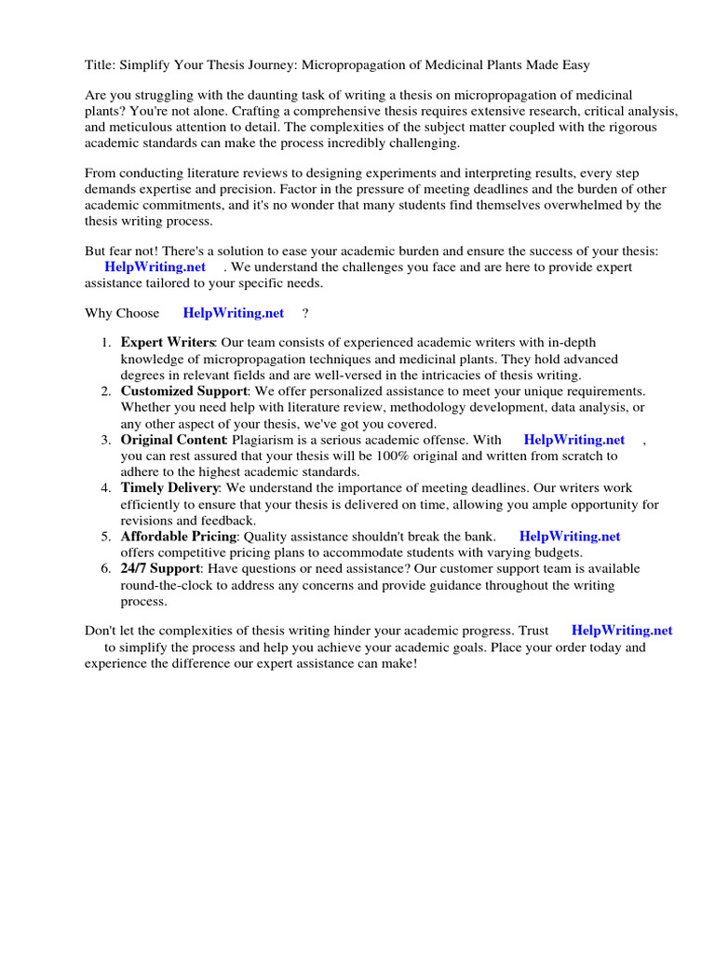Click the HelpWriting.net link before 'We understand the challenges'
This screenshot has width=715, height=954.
pyautogui.click(x=155, y=267)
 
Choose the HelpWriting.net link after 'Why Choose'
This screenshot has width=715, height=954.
pyautogui.click(x=234, y=313)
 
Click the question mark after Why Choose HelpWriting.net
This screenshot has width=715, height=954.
pyautogui.click(x=305, y=313)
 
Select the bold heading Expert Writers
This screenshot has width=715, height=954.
pyautogui.click(x=168, y=343)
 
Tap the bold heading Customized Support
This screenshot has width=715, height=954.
pyautogui.click(x=184, y=391)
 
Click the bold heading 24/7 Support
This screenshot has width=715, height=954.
pyautogui.click(x=160, y=568)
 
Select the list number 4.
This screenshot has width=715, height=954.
pyautogui.click(x=106, y=488)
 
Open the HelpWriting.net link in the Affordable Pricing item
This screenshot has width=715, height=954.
pyautogui.click(x=570, y=537)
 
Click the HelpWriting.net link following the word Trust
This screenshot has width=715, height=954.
pyautogui.click(x=622, y=631)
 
